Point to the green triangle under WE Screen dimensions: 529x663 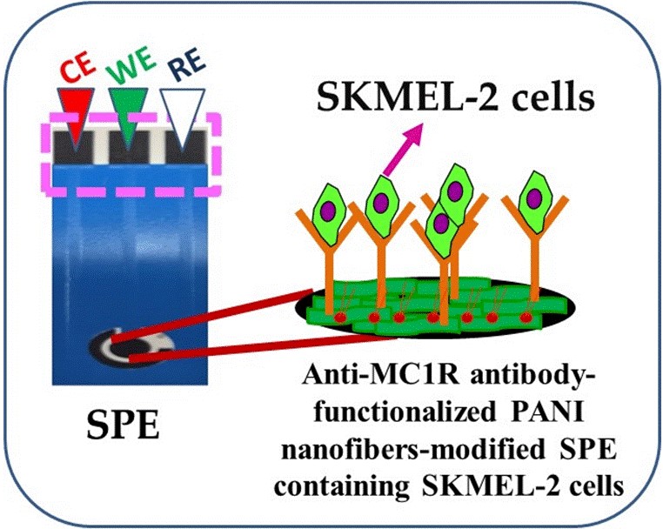click(128, 110)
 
